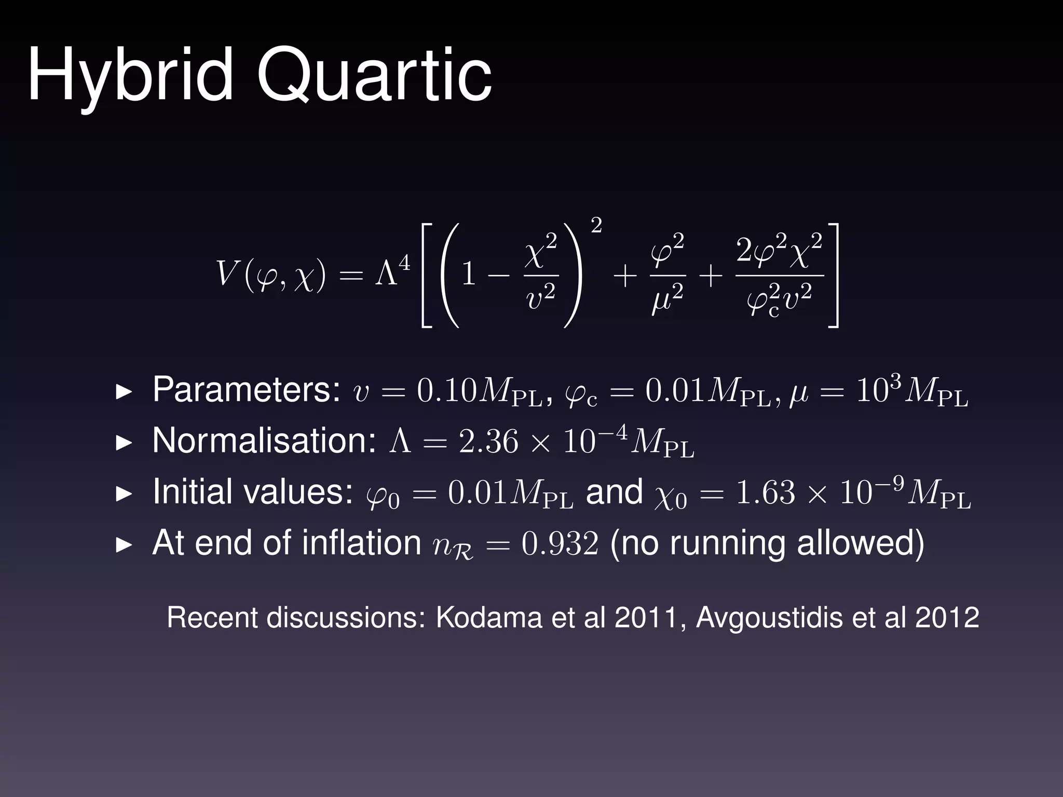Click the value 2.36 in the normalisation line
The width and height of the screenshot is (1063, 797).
pyautogui.click(x=488, y=442)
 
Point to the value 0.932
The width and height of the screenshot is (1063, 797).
pyautogui.click(x=560, y=544)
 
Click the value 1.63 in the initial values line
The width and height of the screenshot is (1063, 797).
pyautogui.click(x=766, y=493)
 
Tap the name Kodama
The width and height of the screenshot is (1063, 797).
pyautogui.click(x=488, y=617)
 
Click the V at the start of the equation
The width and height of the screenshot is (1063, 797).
pyautogui.click(x=227, y=273)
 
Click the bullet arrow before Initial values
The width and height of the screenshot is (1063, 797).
pyautogui.click(x=124, y=493)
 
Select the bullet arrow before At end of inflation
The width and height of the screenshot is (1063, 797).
pyautogui.click(x=124, y=544)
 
